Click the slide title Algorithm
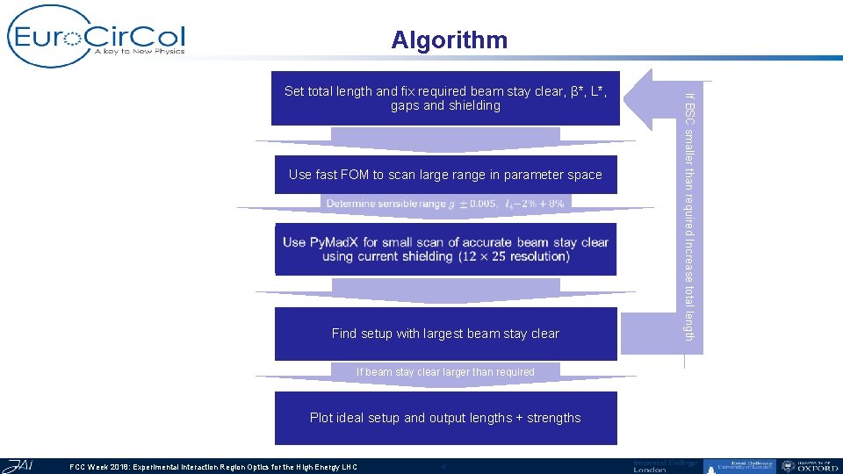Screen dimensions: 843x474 pos(449,40)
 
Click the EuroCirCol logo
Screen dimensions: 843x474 pos(97,37)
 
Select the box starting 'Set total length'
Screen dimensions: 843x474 pos(445,98)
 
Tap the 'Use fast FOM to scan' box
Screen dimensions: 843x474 pos(445,175)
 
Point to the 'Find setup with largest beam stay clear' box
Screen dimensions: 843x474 pos(445,334)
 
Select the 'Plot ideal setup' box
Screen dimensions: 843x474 pos(445,418)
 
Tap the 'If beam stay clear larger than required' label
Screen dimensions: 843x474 pos(445,372)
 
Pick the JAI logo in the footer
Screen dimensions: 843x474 pos(18,465)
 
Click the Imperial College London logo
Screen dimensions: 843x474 pos(665,466)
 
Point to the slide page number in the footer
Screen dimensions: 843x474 pos(443,467)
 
